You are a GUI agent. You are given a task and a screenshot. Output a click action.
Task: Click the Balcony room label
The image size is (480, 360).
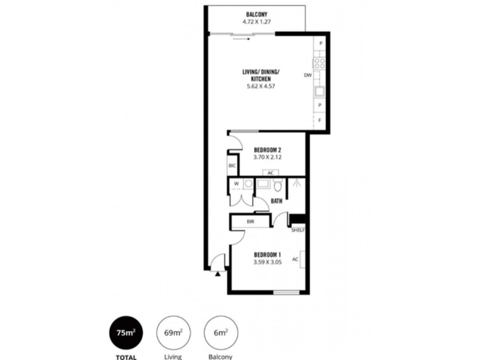coord(257,14)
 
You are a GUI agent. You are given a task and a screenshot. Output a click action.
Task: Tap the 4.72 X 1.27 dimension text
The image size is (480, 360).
coord(257,22)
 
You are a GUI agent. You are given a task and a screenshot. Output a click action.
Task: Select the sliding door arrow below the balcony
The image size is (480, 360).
coord(244,39)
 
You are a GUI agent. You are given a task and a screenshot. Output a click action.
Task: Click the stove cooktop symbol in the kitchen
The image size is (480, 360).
coord(320,64)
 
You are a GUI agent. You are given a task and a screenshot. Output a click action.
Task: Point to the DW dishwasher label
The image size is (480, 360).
coord(308,75)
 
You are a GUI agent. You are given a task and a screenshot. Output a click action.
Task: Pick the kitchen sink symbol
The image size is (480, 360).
coord(320,92)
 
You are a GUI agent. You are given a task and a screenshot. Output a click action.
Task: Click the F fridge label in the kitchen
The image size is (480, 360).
coord(320,121)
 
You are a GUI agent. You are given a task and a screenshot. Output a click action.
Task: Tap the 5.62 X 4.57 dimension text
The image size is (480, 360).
coord(261,86)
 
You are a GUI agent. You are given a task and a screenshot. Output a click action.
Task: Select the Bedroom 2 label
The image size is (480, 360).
coord(268,150)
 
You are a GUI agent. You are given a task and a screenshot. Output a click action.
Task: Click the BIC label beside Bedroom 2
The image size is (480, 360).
coord(232,166)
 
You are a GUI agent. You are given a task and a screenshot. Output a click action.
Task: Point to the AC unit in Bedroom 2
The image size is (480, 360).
coord(271,173)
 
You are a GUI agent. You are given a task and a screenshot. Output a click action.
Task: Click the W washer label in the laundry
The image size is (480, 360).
coord(236,184)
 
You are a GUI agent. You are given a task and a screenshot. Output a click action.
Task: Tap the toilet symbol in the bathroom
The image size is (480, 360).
coord(278,185)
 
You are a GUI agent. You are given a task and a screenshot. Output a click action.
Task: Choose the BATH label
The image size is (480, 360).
coord(277,201)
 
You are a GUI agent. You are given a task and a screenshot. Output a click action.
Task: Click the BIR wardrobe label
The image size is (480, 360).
coord(250,221)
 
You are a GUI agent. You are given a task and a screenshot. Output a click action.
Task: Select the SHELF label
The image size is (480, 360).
coord(298,230)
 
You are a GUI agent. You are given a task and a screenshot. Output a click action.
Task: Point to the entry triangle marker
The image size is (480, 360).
coord(218,274)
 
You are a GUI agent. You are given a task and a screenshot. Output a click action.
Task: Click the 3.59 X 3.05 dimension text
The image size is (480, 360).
coord(268,262)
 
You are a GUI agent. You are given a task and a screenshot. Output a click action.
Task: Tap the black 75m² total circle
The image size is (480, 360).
coord(126,333)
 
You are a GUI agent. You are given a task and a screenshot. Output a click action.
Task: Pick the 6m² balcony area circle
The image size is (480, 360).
coord(221,333)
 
